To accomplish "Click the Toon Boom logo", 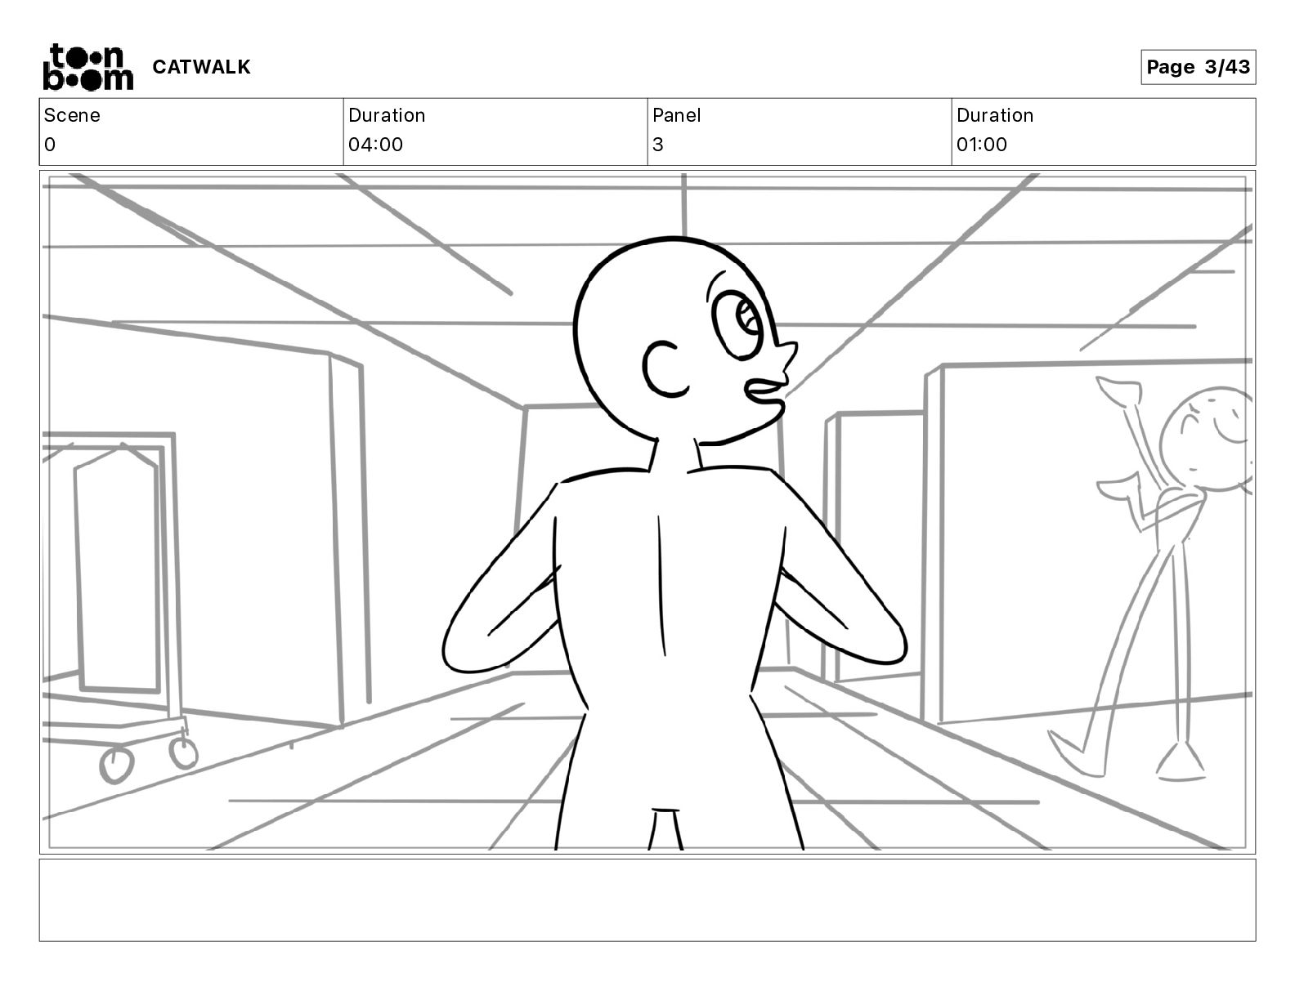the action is (x=87, y=67).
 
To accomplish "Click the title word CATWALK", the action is (x=201, y=67).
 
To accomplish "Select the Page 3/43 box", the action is (x=1198, y=67).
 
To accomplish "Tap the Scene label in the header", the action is (x=72, y=115).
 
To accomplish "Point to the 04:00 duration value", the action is (x=375, y=145).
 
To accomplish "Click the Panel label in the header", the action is (x=676, y=115).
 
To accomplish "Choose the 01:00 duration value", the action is (x=981, y=145).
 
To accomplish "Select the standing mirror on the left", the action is (x=117, y=572).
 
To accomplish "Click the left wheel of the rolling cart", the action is (x=116, y=766).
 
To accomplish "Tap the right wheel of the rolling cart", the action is (x=184, y=752).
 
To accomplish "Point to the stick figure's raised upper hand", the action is (x=1117, y=390).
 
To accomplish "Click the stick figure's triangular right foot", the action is (x=1179, y=761).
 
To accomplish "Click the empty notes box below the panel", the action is (x=647, y=900).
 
